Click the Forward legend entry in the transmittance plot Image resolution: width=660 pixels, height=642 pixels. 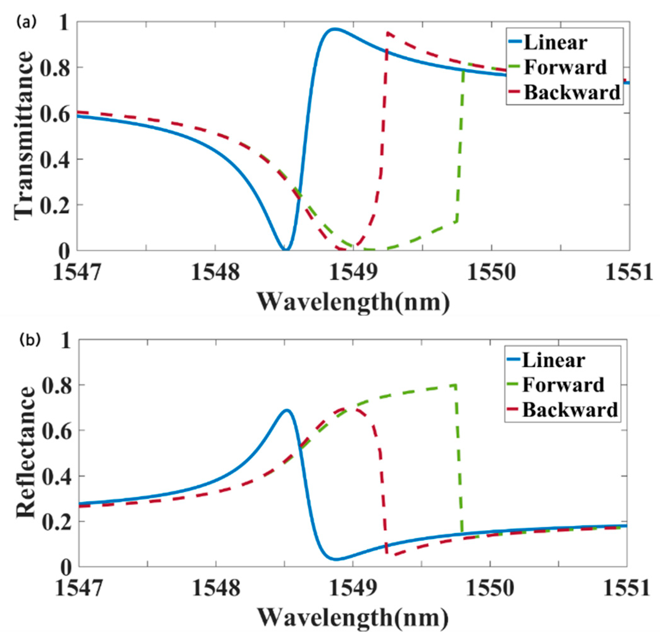point(565,67)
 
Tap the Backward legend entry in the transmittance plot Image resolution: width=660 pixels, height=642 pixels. point(572,92)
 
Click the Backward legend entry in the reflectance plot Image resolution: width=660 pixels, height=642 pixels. point(570,410)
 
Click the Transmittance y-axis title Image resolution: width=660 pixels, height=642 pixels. point(24,135)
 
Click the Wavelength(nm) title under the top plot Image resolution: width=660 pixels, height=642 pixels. point(353,301)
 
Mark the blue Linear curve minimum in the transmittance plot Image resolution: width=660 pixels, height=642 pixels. point(285,250)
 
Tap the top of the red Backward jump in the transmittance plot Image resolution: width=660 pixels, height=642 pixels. point(388,33)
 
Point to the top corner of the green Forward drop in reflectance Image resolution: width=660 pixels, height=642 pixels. point(456,385)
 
